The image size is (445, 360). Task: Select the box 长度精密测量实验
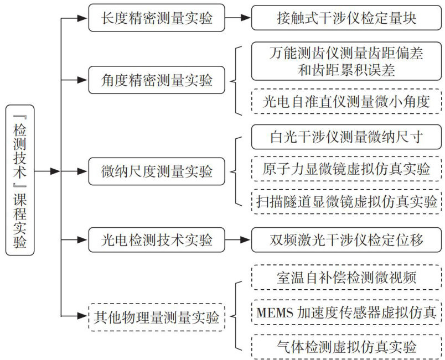157,18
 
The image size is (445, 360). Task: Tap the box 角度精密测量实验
157,81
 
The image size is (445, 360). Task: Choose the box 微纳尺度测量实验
157,171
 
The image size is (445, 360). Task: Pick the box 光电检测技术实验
157,241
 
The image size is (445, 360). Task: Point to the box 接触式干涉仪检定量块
347,18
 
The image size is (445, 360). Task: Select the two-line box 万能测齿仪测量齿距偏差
347,61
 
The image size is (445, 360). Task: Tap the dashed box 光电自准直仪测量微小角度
347,101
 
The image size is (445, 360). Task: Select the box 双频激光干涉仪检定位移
347,241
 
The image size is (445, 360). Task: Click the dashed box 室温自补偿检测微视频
347,278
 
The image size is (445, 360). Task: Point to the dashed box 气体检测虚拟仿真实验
347,347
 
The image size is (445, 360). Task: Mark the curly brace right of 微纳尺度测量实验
237,171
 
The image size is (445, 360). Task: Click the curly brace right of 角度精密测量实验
237,81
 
